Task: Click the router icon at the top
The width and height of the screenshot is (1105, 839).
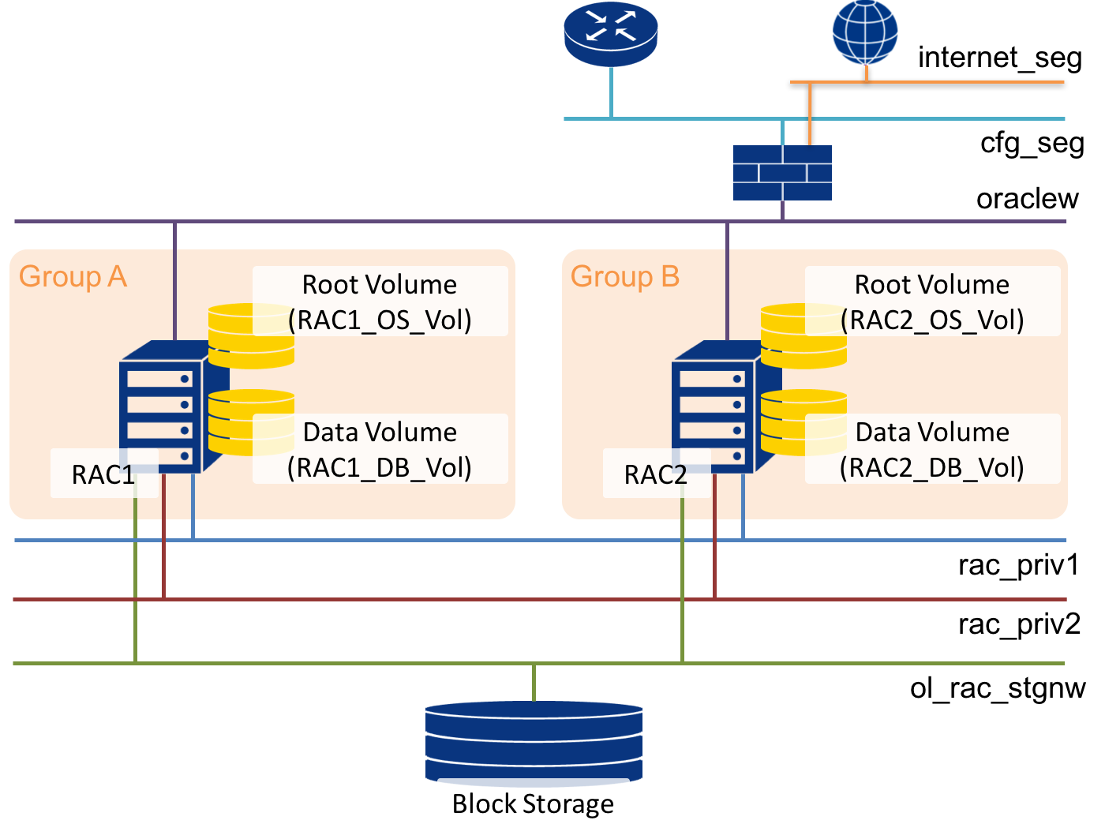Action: coord(610,33)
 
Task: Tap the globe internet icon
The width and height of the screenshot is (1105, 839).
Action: coord(866,32)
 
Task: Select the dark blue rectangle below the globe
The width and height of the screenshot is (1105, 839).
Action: coord(782,172)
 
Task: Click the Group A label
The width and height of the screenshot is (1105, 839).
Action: coord(73,277)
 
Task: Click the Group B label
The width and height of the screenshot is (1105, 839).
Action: coord(625,277)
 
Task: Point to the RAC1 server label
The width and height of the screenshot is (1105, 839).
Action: coord(103,474)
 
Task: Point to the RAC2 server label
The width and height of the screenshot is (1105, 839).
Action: coord(656,474)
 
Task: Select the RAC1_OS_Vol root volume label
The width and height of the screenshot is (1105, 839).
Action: coord(380,302)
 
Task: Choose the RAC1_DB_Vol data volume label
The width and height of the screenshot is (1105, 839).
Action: coord(380,450)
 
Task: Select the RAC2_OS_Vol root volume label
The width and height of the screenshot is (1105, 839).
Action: coord(932,302)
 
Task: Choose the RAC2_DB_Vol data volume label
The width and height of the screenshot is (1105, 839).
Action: coord(932,450)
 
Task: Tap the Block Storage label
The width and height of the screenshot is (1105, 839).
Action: coord(533,803)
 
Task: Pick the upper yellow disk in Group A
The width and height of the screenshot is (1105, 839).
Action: coord(251,335)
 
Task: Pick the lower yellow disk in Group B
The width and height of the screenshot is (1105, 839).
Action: coord(803,421)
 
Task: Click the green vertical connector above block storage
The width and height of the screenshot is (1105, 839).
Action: coord(534,683)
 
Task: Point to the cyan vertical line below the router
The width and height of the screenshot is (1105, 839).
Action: coord(611,93)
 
